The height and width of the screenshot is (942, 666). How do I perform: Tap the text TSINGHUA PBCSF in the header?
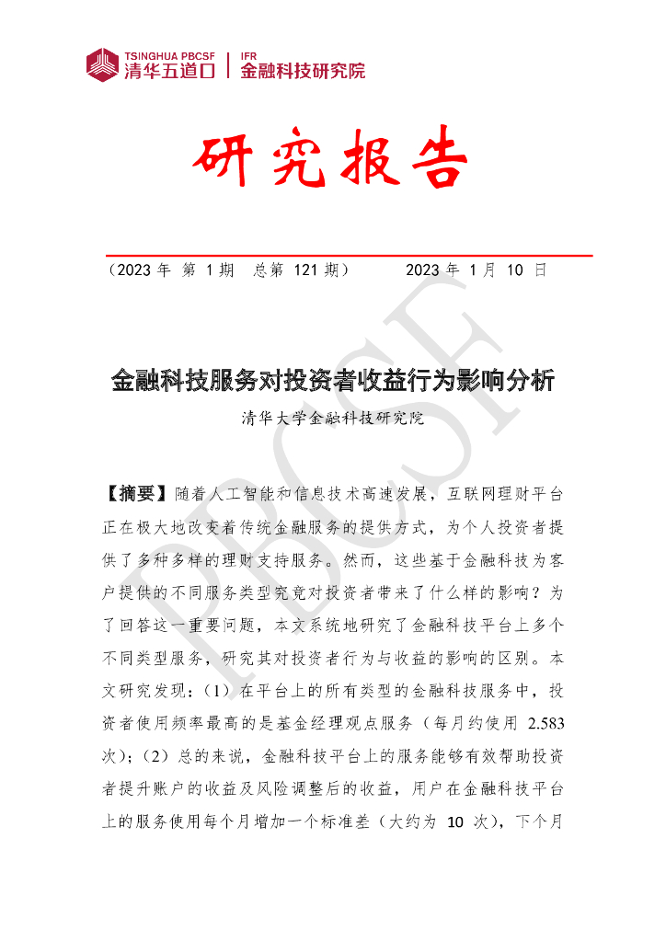coord(169,54)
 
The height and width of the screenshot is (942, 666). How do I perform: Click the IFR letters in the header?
coord(248,54)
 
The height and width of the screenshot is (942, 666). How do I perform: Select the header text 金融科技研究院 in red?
coord(302,71)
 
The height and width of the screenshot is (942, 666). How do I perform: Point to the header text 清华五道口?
coord(169,71)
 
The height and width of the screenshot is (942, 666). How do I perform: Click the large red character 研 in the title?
coord(225,162)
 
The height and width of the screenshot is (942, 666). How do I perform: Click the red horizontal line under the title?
coord(349,255)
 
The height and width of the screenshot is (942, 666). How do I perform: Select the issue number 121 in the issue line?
coord(307,270)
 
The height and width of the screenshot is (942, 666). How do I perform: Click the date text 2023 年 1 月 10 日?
coord(477,270)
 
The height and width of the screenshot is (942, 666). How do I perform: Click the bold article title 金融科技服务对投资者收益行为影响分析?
coord(332,380)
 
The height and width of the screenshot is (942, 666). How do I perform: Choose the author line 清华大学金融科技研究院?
coord(332,418)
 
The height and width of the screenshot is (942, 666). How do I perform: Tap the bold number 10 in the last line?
coord(454,821)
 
